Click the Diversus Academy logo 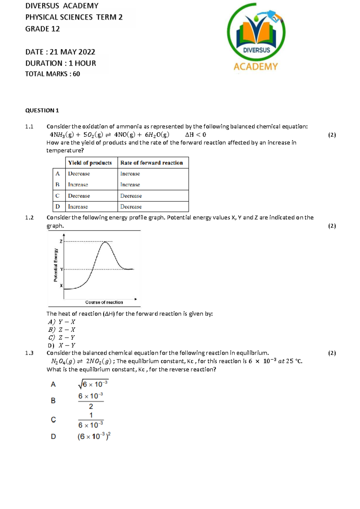pos(256,38)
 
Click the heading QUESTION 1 pos(42,110)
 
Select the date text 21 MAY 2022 pos(72,52)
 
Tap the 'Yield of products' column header pos(90,163)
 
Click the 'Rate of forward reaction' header pos(151,163)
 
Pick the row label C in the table pos(58,196)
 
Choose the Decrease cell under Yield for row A pos(79,174)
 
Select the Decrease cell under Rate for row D pos(131,207)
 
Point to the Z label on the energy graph pos(61,241)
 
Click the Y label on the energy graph pos(61,270)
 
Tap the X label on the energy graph pos(61,286)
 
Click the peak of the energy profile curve pos(105,242)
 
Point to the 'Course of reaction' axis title pos(104,302)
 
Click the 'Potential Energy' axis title pos(55,265)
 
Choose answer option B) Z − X pos(62,330)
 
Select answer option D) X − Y pos(62,345)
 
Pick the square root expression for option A pos(93,384)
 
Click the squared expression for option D pos(94,436)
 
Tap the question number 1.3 pos(29,353)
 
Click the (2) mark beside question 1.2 pos(332,226)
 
